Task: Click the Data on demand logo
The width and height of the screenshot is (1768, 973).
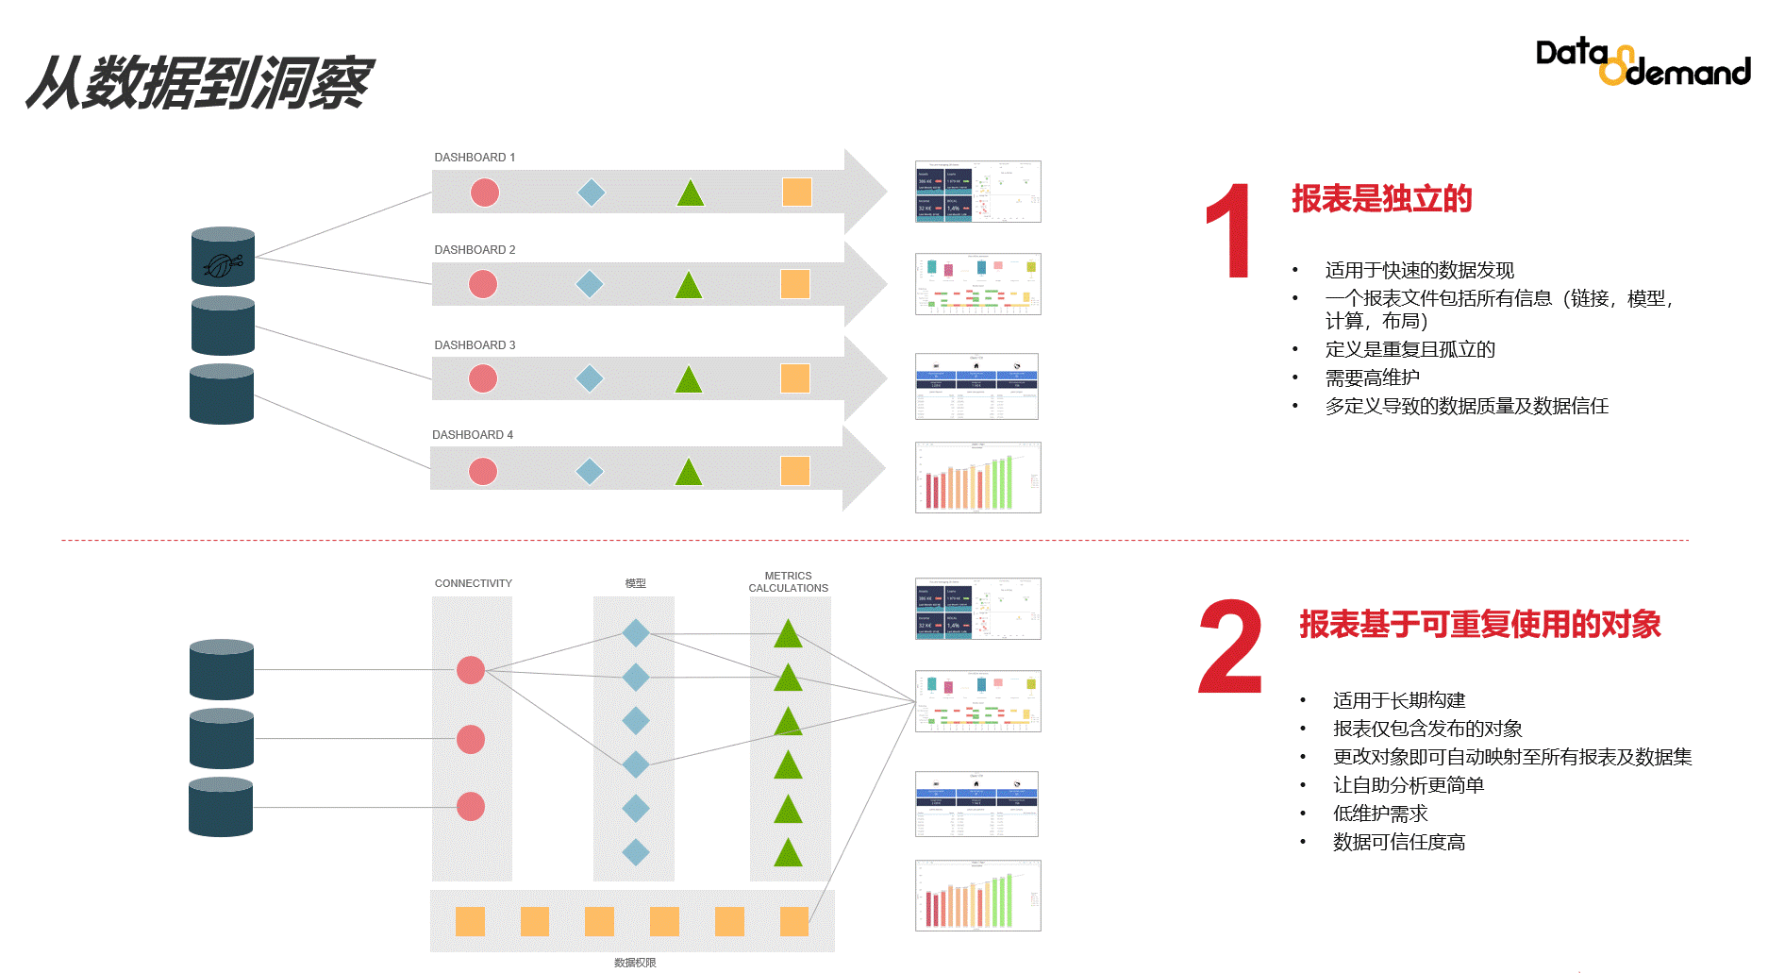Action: click(1642, 62)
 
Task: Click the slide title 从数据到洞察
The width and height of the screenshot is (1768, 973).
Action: click(199, 83)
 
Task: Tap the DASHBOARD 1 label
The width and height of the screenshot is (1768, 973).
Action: click(475, 158)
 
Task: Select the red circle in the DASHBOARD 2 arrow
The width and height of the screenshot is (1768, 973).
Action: click(483, 284)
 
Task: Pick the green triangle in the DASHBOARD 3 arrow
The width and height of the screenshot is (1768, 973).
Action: click(689, 379)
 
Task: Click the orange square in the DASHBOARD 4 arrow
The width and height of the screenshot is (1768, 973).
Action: click(795, 471)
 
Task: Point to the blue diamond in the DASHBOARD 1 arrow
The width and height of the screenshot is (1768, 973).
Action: click(592, 193)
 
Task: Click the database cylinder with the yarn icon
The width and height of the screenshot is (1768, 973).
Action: click(223, 257)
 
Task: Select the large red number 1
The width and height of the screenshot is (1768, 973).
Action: click(1228, 231)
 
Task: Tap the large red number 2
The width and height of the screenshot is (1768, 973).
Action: click(1230, 647)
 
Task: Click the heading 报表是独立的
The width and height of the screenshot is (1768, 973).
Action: click(1381, 199)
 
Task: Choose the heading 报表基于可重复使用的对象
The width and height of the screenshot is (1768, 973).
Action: click(1479, 625)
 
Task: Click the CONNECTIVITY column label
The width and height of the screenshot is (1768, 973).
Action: click(473, 583)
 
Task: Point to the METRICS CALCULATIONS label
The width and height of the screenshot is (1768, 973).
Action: click(788, 581)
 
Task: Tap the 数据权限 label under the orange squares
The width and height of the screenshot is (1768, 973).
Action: click(634, 963)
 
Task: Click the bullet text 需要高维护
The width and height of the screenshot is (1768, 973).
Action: click(1372, 377)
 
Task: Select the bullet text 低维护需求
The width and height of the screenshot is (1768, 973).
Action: click(1379, 814)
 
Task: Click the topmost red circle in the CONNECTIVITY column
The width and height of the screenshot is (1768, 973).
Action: click(471, 670)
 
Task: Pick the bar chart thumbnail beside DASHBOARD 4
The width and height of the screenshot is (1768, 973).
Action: click(977, 478)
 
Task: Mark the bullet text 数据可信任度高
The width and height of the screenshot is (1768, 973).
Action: click(1398, 842)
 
